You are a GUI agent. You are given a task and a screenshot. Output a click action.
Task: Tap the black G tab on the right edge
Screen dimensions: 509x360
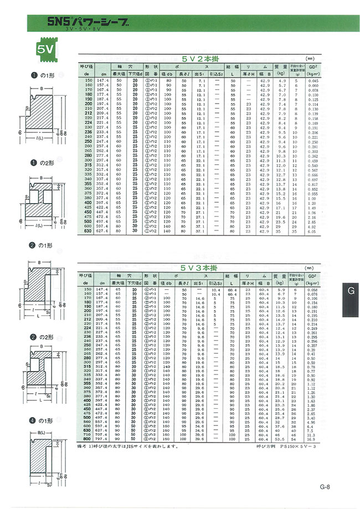351,291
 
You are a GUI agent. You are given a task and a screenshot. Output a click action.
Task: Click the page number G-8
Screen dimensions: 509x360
325,487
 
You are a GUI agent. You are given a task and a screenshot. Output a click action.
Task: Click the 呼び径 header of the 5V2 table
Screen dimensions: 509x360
85,65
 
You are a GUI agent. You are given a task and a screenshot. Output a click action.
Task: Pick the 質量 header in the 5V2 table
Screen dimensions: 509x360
282,65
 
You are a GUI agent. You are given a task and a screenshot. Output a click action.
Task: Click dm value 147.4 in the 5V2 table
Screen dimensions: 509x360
102,81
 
